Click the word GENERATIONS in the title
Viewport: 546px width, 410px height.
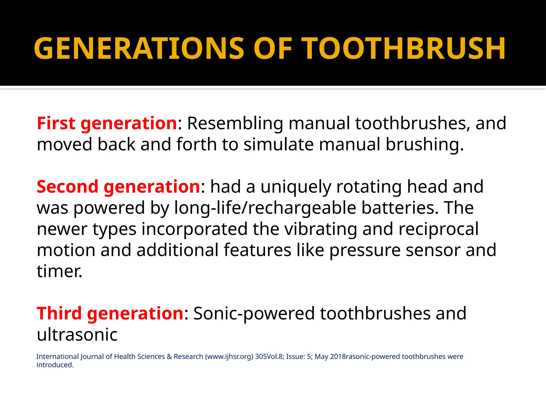click(139, 49)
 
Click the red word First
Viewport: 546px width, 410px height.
click(56, 123)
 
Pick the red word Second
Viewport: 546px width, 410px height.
click(67, 187)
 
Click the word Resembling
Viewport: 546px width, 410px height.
click(235, 124)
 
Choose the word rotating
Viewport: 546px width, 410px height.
click(369, 187)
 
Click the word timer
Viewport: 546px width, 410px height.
click(59, 271)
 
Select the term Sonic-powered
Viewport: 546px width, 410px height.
click(254, 314)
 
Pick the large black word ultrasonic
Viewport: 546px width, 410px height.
click(77, 334)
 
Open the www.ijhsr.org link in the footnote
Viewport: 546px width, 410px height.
click(229, 357)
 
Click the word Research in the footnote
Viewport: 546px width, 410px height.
click(188, 357)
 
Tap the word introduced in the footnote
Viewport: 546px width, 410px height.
click(55, 365)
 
